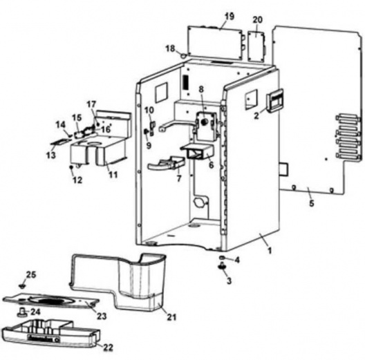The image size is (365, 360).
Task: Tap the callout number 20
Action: click(258, 19)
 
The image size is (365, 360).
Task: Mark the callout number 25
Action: click(31, 275)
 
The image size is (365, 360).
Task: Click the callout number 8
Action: click(201, 89)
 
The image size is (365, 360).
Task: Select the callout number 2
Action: click(256, 116)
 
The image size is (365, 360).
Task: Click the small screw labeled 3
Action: click(223, 272)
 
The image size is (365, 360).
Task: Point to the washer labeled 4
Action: click(223, 260)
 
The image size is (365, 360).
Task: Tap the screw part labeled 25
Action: click(23, 284)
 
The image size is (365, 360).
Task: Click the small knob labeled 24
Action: click(23, 312)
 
